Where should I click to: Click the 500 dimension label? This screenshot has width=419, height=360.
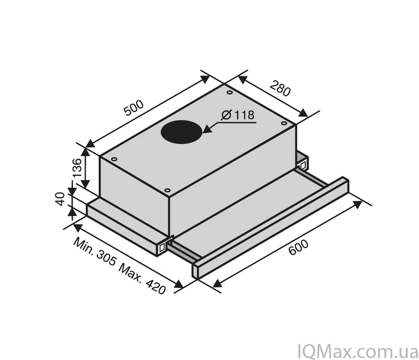point(134,108)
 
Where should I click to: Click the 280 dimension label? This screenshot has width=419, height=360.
point(280,88)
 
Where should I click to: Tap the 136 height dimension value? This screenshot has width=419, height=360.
point(77,168)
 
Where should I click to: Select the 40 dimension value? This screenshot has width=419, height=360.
point(61,199)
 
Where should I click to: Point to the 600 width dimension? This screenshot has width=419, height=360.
point(299,247)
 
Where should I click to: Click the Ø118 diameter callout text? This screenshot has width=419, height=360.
point(238,115)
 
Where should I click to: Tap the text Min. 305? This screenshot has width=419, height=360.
point(95,251)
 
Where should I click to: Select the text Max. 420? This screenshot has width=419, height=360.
point(142,279)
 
